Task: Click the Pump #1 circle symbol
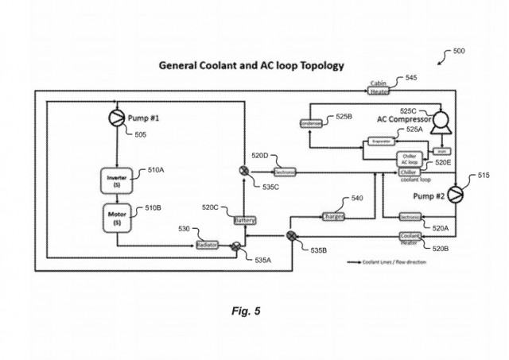tap(118, 119)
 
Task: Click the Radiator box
tap(207, 246)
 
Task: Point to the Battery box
tap(243, 219)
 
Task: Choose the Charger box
tap(332, 215)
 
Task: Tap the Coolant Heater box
tap(410, 237)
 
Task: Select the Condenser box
tap(309, 123)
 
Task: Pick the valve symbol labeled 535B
tap(291, 234)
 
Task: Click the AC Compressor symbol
tap(438, 122)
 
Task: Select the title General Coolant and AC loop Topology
tap(251, 65)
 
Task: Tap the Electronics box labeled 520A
tap(410, 216)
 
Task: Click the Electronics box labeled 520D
tap(285, 171)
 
